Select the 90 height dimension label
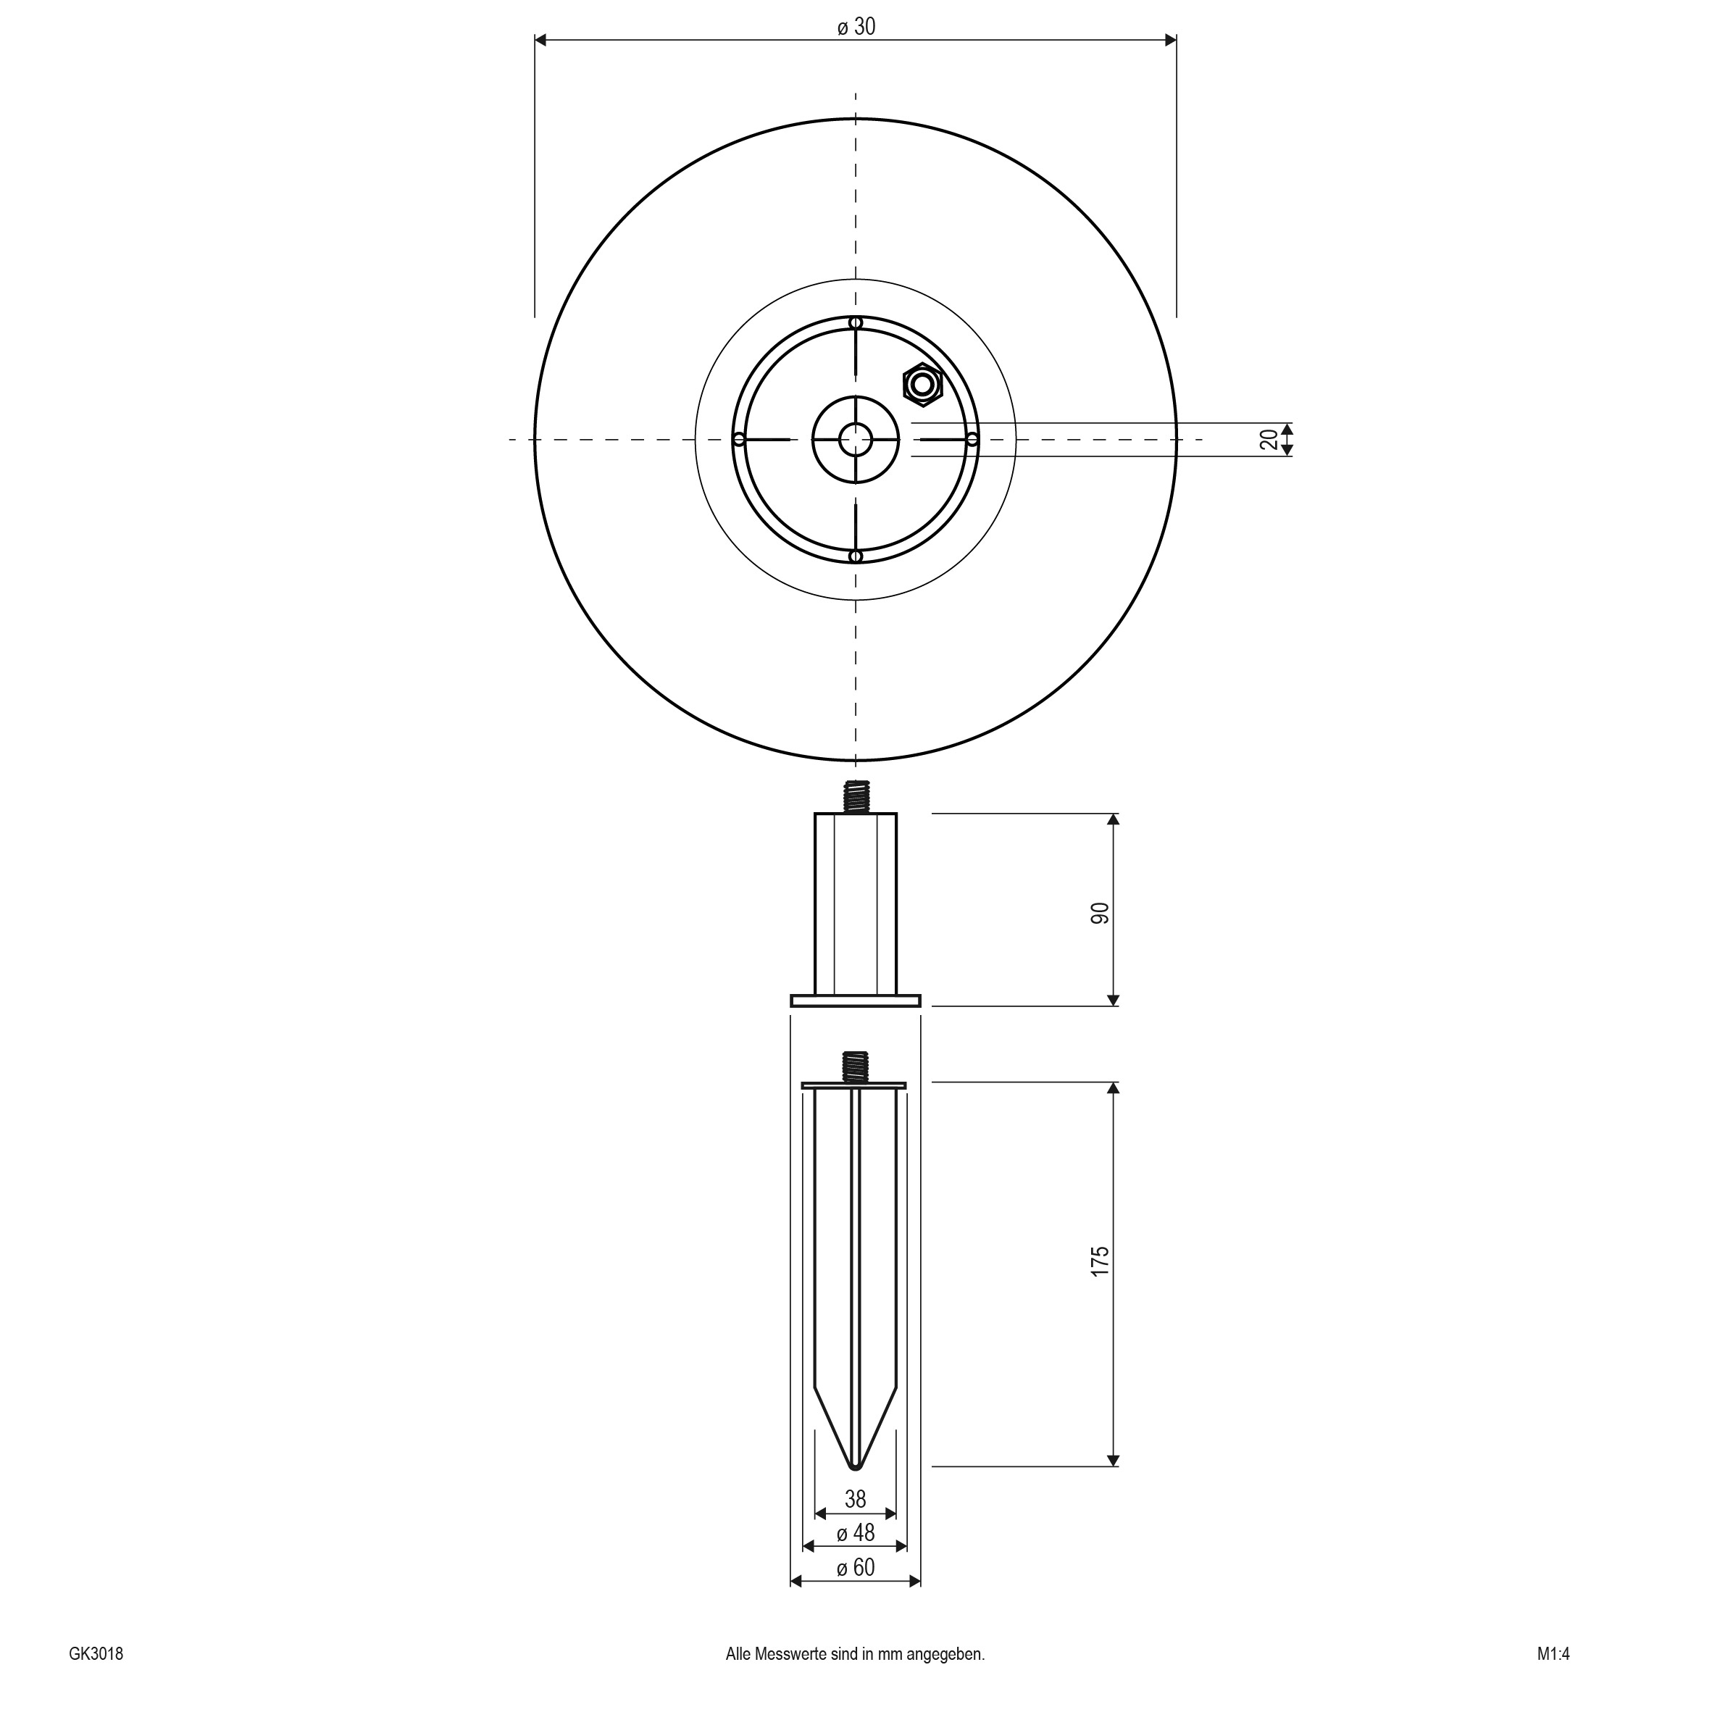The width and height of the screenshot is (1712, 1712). (1100, 914)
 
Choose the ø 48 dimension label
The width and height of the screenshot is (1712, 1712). (855, 1532)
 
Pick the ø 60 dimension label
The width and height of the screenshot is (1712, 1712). (855, 1568)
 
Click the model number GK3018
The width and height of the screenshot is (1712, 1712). (96, 1653)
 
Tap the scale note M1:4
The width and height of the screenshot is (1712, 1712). (1553, 1653)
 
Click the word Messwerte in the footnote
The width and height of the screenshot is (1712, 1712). (784, 1653)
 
